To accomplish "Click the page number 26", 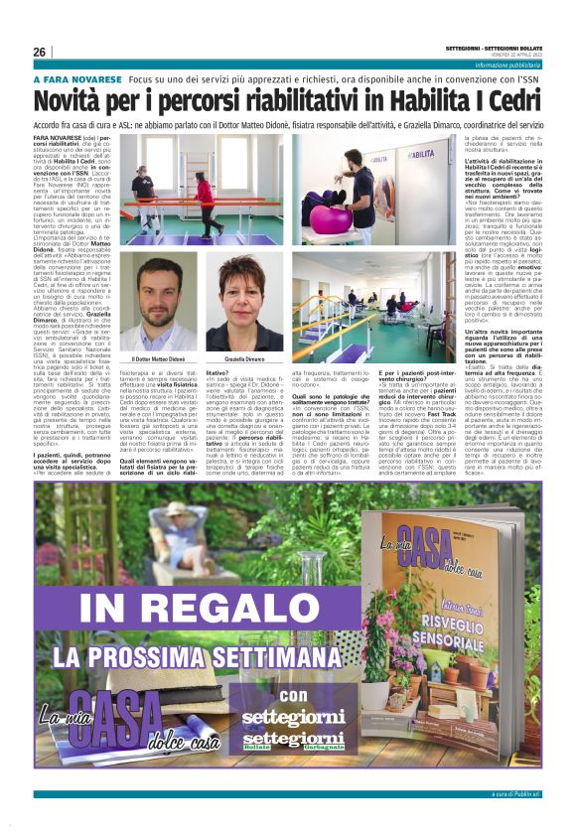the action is (40, 52).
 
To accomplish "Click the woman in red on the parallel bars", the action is (205, 198).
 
